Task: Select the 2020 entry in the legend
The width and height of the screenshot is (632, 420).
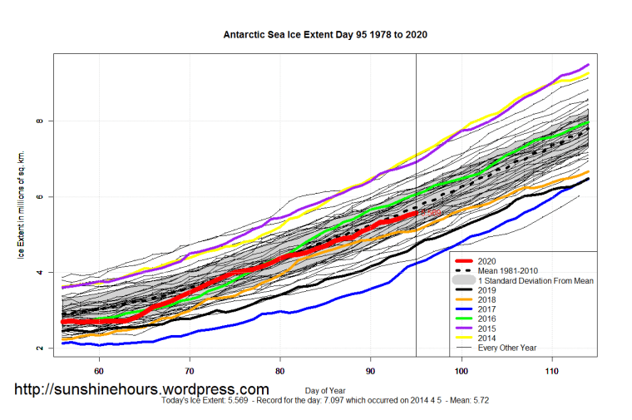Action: [491, 260]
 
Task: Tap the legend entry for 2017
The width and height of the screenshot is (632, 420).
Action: [491, 309]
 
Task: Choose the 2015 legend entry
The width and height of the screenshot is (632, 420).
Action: [491, 329]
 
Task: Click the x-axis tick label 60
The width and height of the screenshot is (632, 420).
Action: [99, 370]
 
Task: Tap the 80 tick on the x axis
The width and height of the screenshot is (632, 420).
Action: [280, 370]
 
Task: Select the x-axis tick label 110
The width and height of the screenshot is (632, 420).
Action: [551, 370]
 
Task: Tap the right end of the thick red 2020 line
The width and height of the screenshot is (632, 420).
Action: [415, 213]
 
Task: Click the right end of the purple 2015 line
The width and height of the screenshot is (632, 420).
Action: [589, 65]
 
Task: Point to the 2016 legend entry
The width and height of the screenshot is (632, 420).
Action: [491, 319]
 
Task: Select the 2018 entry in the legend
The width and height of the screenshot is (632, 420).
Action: [491, 299]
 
